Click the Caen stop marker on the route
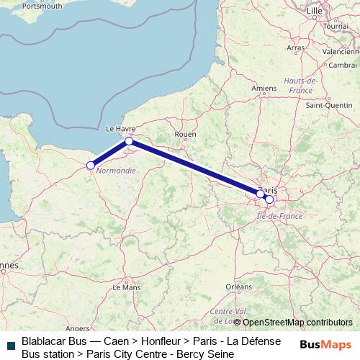coord(91,166)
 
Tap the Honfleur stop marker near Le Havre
coord(128,141)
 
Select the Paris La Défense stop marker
coord(260,194)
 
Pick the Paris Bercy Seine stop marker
coord(269,199)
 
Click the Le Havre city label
coord(121,130)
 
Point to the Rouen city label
coord(186,134)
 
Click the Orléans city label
coord(238,286)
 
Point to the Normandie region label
coord(115,171)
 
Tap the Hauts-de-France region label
coord(301,85)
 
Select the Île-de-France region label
coord(275,215)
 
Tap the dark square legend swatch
coord(9,343)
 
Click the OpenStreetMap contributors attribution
coord(297,323)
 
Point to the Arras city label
coord(296,48)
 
